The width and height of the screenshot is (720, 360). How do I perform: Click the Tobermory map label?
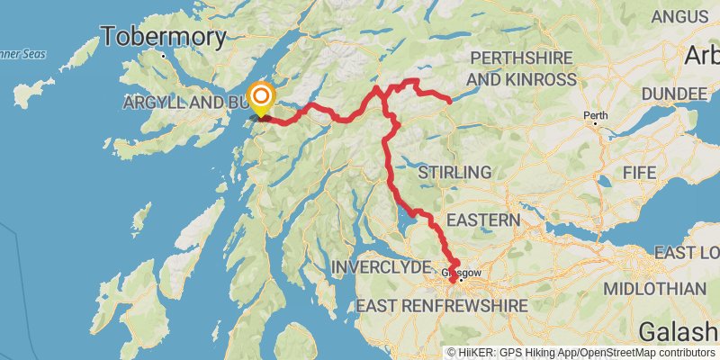163,37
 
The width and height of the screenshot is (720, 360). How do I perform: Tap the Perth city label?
595,115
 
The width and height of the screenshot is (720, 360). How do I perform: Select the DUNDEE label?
656,94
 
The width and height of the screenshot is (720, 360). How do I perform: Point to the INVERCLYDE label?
382,267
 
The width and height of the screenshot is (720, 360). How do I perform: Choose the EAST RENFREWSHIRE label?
441,307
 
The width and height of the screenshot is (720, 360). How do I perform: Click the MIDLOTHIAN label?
654,288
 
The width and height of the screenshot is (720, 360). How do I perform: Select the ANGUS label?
681,16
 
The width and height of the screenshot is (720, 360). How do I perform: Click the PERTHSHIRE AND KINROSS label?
522,68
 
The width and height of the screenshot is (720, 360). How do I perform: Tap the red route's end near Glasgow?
452,282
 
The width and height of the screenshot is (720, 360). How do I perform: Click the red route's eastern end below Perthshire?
448,101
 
